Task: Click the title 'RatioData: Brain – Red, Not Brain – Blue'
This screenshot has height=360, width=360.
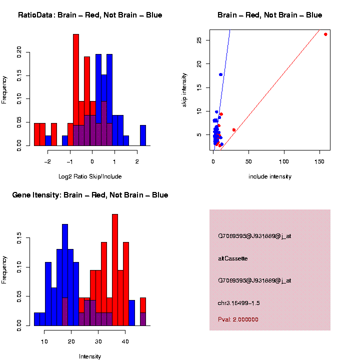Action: coord(90,15)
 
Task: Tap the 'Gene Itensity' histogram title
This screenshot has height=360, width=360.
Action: coord(90,195)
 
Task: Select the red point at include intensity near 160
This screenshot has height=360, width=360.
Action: coord(325,34)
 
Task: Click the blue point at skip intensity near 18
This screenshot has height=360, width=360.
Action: coord(220,74)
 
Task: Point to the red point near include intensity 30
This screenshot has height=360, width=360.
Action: coord(234,130)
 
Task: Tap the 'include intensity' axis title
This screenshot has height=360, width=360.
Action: coord(270,176)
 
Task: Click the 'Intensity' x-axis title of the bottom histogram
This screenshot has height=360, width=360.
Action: coord(90,356)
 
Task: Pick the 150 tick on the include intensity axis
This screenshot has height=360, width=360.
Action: coord(319,161)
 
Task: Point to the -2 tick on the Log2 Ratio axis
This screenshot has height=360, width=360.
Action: coord(48,161)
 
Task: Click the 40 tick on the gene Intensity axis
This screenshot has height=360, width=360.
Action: coord(125,341)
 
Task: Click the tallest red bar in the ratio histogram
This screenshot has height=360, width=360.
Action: coord(76,90)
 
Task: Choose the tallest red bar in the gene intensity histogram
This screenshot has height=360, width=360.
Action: coord(115,270)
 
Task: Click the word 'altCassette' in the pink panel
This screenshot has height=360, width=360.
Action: coord(233,258)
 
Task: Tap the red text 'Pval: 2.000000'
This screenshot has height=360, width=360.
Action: coord(238,319)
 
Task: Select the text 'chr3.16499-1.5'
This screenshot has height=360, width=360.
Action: coord(239,303)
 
